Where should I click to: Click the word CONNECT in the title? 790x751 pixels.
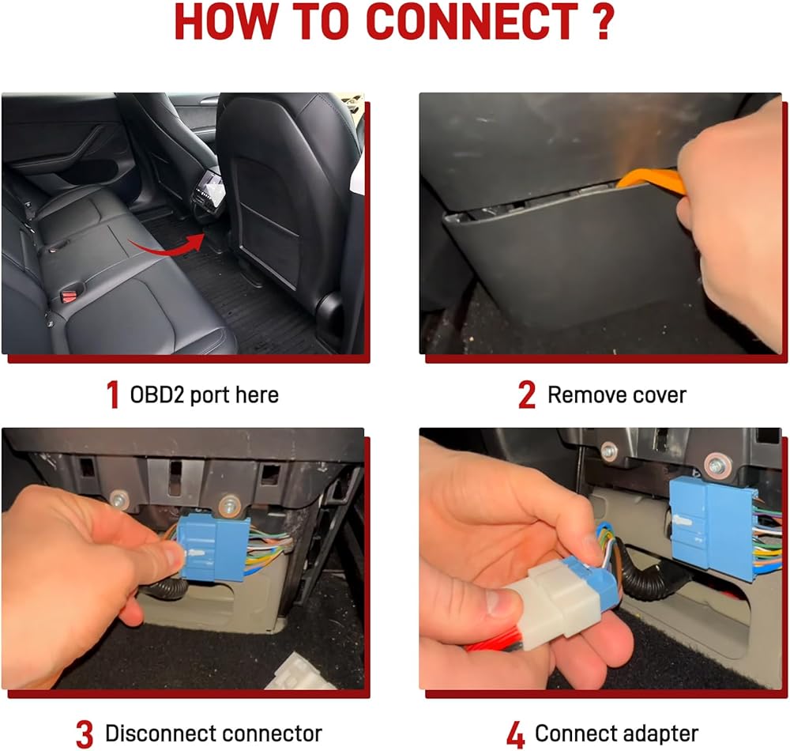(472, 22)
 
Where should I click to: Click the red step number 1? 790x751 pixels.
(113, 394)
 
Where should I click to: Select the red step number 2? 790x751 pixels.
(527, 394)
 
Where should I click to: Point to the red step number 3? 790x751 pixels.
(85, 734)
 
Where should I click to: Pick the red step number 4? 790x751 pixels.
(516, 734)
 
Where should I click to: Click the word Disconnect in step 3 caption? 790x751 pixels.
(156, 734)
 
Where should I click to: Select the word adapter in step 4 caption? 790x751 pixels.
(660, 734)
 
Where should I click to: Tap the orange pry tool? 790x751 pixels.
(650, 182)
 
